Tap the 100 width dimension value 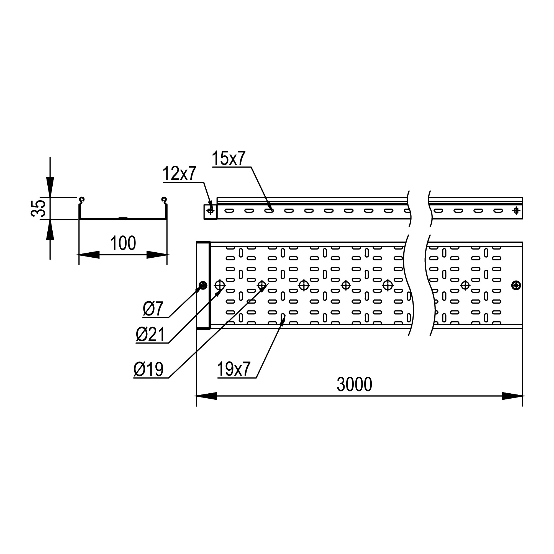(x=123, y=243)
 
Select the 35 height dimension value (x=38, y=208)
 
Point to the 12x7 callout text (x=179, y=173)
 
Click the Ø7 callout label (x=153, y=309)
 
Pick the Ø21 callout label (x=150, y=335)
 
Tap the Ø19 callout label (x=148, y=369)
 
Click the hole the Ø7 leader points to (x=203, y=285)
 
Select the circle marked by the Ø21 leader (x=220, y=285)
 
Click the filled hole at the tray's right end (x=516, y=285)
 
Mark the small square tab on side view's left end (x=210, y=212)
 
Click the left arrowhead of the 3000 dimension (x=206, y=396)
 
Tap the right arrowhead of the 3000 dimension (x=512, y=396)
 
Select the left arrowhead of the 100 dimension (x=89, y=255)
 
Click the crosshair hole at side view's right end (x=516, y=211)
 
